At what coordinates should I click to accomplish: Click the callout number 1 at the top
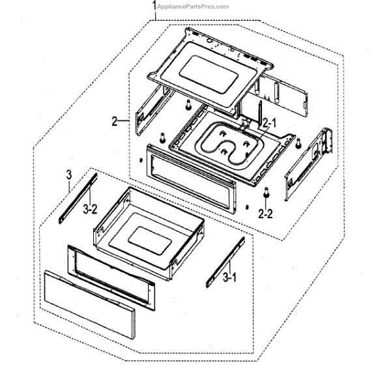[x=154, y=6]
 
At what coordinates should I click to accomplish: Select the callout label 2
[x=115, y=121]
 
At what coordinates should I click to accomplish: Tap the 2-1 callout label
[x=269, y=122]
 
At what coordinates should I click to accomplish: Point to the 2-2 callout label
[x=265, y=213]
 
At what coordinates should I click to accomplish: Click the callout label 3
[x=68, y=173]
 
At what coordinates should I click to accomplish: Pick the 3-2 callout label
[x=90, y=210]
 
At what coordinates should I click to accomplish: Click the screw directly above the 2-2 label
[x=267, y=193]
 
